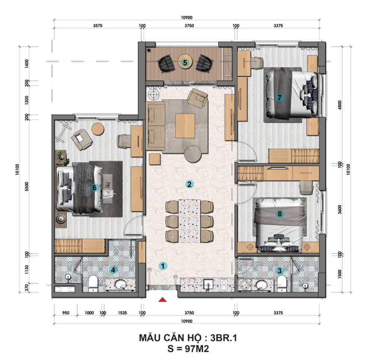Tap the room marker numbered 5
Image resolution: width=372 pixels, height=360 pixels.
[x=185, y=63]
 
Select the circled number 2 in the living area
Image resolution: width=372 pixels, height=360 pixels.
[x=189, y=184]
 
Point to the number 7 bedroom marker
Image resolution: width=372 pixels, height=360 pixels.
[x=279, y=97]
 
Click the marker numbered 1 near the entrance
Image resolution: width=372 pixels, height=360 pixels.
[x=163, y=266]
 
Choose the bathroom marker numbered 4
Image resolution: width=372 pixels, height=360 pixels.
[x=113, y=270]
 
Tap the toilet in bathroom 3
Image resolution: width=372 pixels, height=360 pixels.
[x=282, y=283]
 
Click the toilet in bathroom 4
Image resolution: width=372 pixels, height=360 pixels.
[x=93, y=283]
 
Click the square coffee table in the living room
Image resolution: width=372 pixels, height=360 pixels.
[x=185, y=126]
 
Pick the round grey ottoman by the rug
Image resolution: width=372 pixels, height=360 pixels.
[x=193, y=154]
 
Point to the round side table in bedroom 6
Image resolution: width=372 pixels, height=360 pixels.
[x=98, y=129]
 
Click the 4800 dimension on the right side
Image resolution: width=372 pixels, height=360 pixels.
[x=340, y=105]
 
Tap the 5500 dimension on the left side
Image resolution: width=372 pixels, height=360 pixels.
[x=27, y=187]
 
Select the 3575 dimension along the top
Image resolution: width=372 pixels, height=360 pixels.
[x=97, y=26]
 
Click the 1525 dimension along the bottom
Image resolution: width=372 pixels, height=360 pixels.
[x=122, y=313]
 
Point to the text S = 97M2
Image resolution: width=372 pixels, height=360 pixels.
[x=188, y=348]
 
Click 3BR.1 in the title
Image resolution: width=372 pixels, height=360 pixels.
[x=224, y=338]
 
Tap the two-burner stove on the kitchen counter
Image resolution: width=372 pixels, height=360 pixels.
[x=224, y=285]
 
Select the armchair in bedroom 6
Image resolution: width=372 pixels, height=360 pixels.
[x=82, y=139]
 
